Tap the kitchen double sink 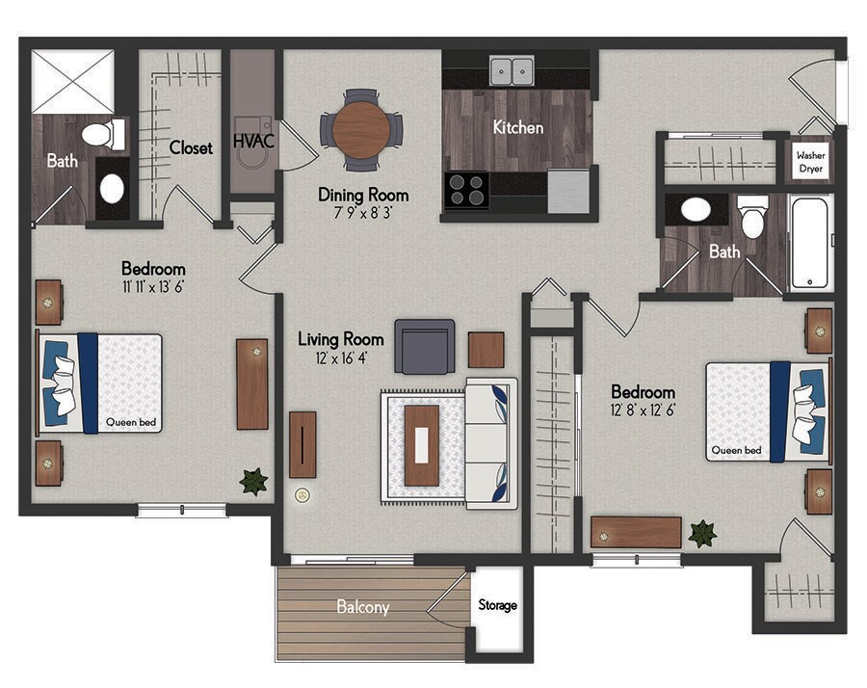point(512,71)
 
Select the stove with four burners point(467,190)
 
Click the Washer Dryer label point(810,161)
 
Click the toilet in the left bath point(98,134)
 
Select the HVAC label point(254,142)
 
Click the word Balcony point(362,607)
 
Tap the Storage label point(498,605)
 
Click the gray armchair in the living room point(424,346)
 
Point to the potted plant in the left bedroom point(253,481)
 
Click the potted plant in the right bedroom point(702,533)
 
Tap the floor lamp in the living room point(302,496)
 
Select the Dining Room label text point(363,195)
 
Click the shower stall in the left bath point(72,81)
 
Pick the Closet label point(191,148)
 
